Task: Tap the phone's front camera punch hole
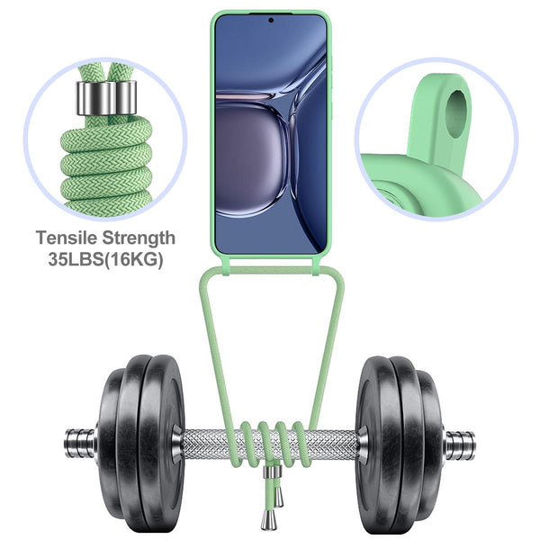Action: [x=271, y=21]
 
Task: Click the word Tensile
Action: [x=66, y=238]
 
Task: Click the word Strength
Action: [x=139, y=238]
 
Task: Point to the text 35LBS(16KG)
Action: [x=105, y=259]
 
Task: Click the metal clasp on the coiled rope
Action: [x=107, y=98]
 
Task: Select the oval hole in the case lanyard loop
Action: [x=456, y=114]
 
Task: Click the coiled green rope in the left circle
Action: [x=106, y=162]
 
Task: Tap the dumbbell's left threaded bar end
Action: [x=80, y=443]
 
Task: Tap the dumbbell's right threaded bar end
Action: [x=461, y=445]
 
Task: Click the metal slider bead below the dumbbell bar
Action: [x=273, y=472]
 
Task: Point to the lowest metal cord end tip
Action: [x=268, y=520]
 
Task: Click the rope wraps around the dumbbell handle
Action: [x=272, y=445]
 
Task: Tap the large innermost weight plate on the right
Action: [x=376, y=445]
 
